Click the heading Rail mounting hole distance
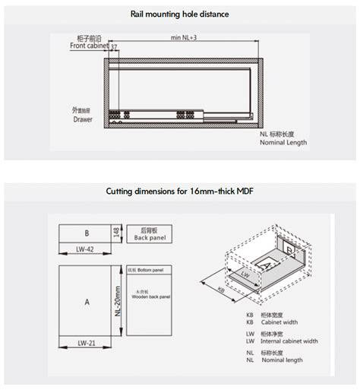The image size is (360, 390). point(180,13)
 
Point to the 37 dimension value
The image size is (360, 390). point(114,47)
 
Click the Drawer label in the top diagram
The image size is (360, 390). point(83,120)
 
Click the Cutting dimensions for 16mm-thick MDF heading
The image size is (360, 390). point(180,191)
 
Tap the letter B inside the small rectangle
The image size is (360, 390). point(87,233)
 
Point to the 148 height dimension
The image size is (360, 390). point(116,233)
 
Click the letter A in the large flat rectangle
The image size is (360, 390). point(87,302)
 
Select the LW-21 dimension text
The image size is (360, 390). point(86,343)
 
